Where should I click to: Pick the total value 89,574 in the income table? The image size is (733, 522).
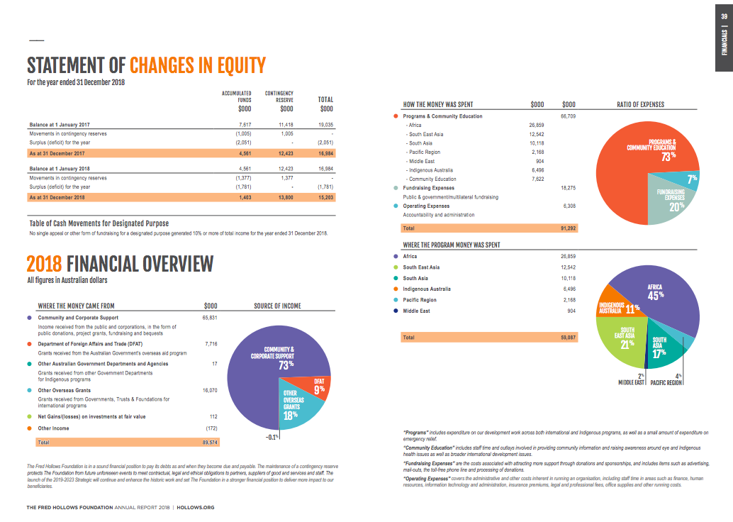pos(211,442)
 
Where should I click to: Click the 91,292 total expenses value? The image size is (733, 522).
pos(569,228)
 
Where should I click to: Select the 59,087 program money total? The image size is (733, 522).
pos(569,338)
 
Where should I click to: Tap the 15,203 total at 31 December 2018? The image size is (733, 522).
pos(326,197)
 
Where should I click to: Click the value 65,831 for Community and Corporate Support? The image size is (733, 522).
pos(211,318)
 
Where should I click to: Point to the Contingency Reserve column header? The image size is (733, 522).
pos(279,96)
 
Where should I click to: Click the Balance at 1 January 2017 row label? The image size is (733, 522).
pos(60,123)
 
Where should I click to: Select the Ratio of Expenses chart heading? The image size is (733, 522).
pos(641,104)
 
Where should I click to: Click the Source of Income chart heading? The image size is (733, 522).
pos(277,306)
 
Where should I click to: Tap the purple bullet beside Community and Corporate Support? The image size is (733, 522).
pos(30,318)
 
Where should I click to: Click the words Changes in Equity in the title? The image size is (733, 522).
pos(198,66)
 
